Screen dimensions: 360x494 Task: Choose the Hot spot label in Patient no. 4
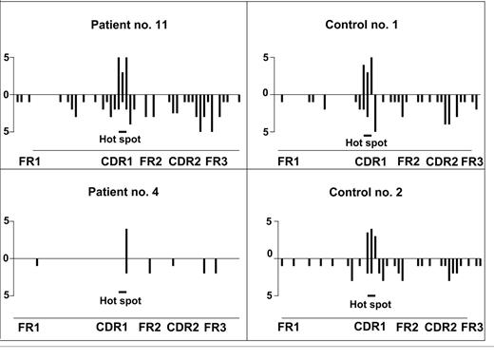(123, 303)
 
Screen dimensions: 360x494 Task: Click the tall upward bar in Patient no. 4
(126, 243)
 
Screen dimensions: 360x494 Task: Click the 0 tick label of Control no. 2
(270, 254)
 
